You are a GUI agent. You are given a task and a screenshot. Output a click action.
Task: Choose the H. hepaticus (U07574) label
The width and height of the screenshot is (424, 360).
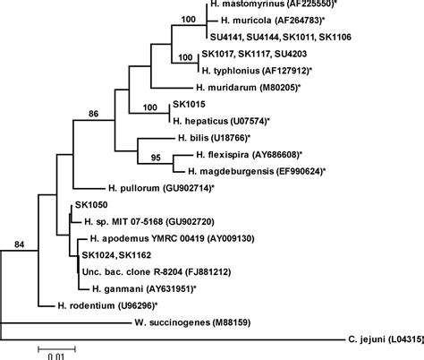coord(221,120)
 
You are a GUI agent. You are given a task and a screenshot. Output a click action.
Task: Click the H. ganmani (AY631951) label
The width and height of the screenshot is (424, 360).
coord(141,288)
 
